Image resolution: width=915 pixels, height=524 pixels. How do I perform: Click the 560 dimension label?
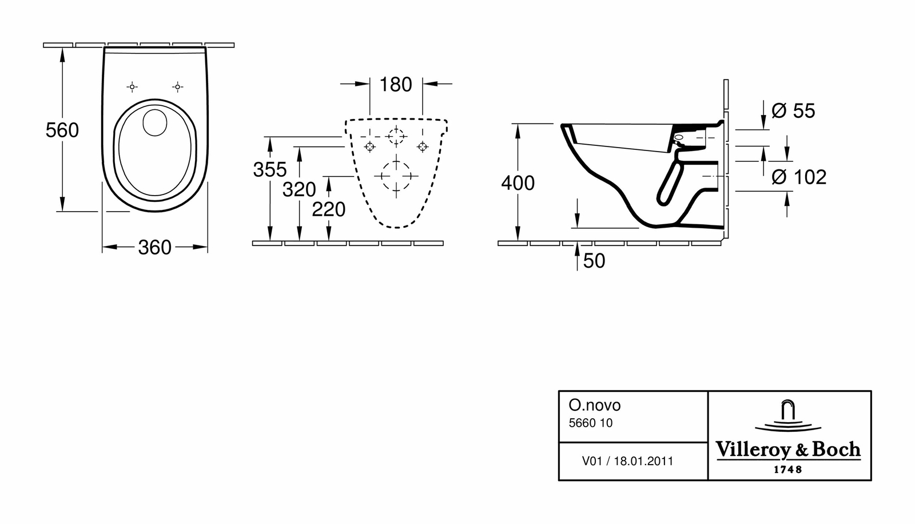62,130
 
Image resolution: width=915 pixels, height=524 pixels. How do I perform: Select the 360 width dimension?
154,248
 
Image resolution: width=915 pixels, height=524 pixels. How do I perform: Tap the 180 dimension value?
396,85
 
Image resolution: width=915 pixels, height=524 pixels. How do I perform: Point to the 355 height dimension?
270,169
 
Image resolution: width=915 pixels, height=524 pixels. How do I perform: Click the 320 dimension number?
299,189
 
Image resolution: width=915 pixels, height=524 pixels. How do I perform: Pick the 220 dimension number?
329,210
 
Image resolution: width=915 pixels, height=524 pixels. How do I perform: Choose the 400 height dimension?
518,183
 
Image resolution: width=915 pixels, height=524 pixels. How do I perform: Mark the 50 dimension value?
594,261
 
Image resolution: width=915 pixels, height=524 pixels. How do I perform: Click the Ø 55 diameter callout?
793,110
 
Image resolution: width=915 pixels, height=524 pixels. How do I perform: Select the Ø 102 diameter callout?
799,177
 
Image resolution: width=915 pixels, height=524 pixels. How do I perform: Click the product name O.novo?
594,405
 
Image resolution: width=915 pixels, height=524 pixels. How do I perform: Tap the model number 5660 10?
590,423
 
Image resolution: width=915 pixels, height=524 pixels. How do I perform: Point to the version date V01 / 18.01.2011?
627,461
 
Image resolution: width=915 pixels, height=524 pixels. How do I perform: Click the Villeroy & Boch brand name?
789,450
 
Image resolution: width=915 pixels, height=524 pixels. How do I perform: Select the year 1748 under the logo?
788,470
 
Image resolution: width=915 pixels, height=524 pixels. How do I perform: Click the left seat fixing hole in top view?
132,87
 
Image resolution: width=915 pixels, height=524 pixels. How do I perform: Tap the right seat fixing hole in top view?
177,87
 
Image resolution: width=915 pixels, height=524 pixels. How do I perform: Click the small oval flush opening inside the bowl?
153,122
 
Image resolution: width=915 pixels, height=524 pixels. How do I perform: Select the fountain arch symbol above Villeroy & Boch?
788,416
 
